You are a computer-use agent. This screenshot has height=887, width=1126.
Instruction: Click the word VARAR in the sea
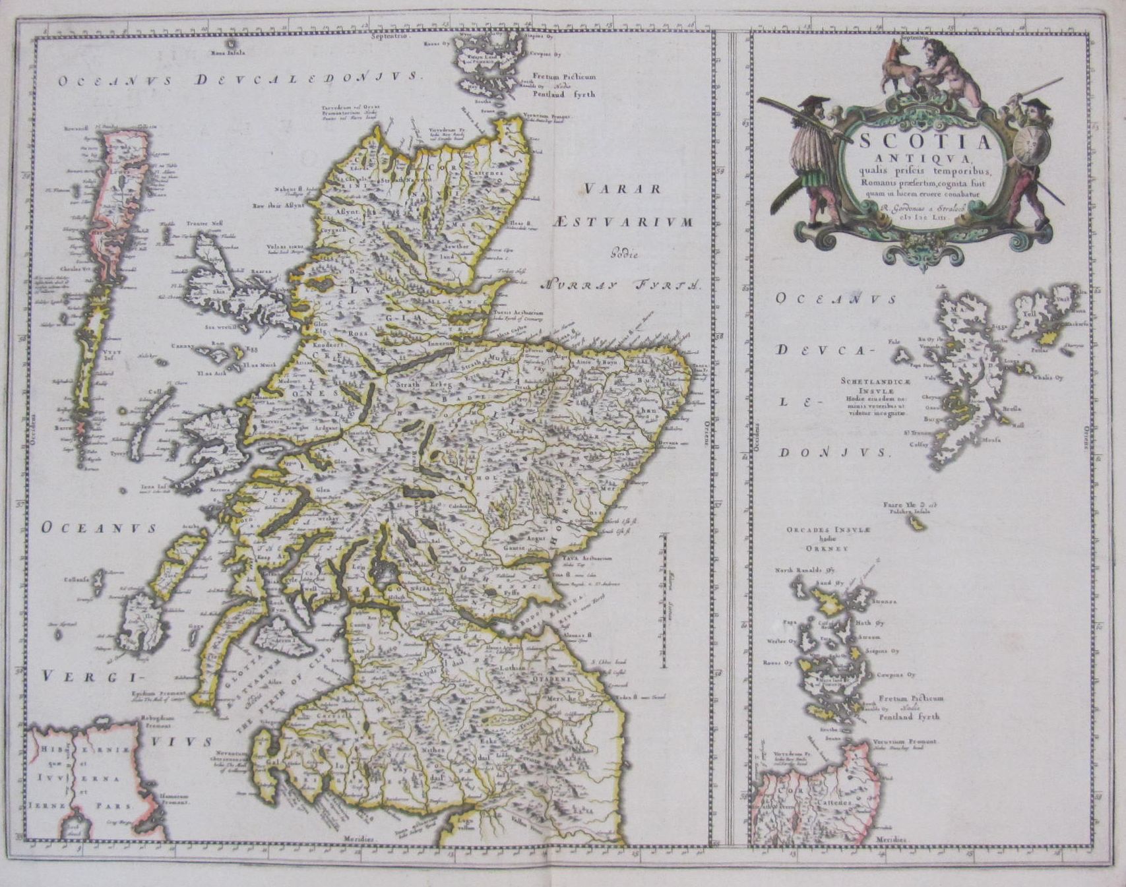623,189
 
